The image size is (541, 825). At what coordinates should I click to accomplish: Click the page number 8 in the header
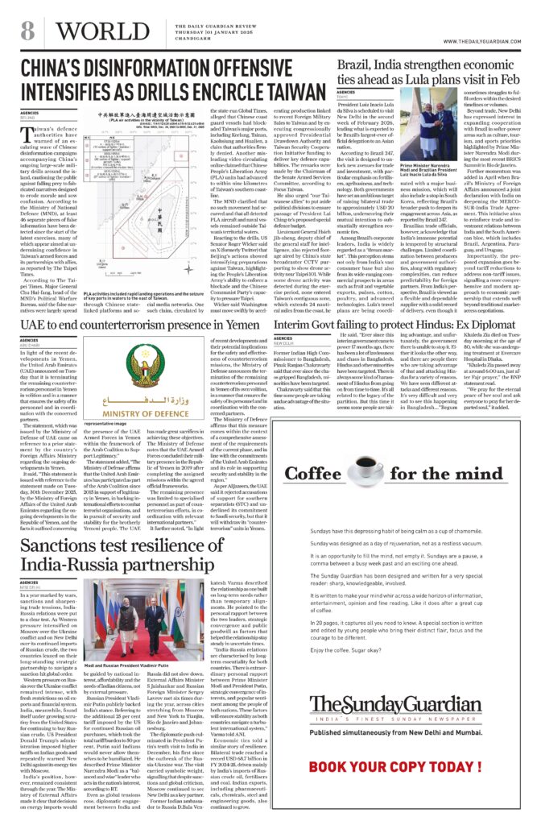tap(27, 31)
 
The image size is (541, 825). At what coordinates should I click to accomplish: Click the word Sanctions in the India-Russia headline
tap(69, 524)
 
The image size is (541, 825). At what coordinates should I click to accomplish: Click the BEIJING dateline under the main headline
tap(30, 118)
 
